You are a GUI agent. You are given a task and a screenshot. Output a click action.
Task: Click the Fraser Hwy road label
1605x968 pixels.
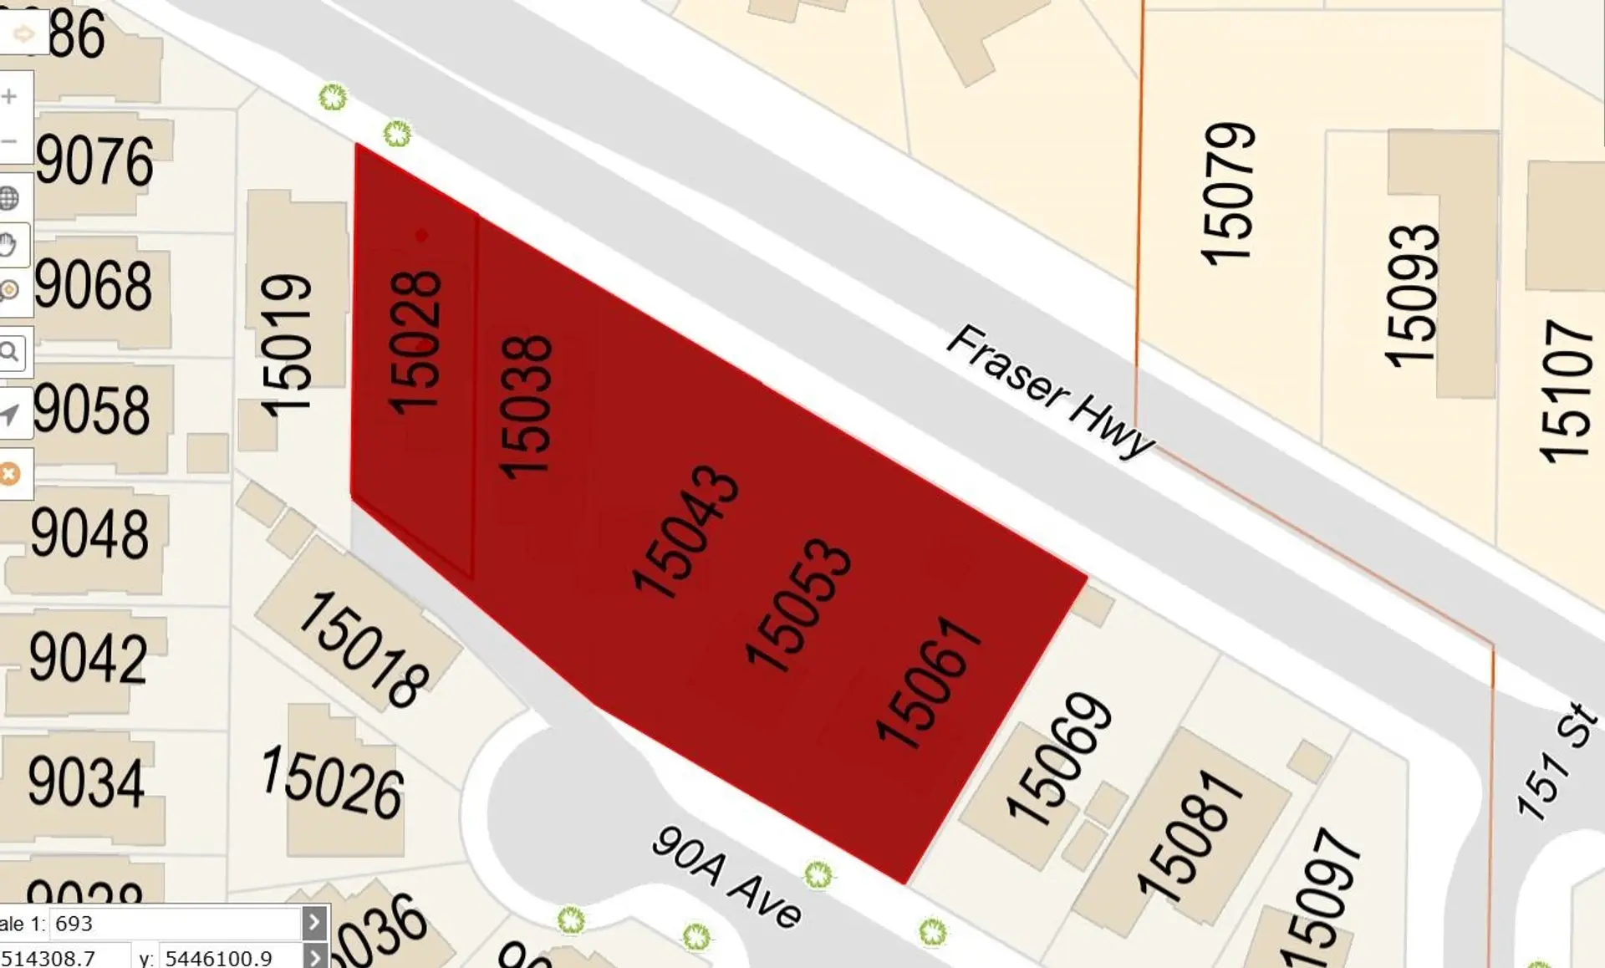pos(1050,390)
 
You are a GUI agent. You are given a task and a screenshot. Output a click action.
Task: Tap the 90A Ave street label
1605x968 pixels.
pos(726,878)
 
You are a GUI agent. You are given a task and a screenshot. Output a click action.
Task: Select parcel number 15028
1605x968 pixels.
pos(415,342)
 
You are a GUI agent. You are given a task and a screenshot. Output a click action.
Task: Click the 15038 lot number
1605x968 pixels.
pos(526,407)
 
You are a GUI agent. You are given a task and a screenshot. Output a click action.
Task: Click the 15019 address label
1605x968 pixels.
pos(286,344)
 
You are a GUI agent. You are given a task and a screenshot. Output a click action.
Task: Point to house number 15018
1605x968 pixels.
pos(363,650)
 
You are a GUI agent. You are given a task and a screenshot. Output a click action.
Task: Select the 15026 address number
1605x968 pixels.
pos(333,782)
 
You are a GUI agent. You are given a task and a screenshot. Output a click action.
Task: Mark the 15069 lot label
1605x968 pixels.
pos(1058,758)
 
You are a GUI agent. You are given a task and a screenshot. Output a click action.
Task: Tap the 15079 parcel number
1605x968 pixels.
pos(1228,194)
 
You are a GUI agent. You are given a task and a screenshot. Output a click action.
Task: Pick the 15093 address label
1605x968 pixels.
pos(1412,295)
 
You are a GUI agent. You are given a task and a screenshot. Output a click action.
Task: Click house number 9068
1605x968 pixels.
pos(94,285)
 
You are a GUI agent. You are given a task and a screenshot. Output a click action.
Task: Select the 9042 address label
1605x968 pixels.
pos(89,658)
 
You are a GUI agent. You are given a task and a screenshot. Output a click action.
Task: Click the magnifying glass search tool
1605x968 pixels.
pos(10,351)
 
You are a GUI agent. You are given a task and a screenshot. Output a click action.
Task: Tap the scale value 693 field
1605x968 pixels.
pos(176,924)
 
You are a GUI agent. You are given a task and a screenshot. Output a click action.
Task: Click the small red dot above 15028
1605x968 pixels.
pos(421,236)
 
